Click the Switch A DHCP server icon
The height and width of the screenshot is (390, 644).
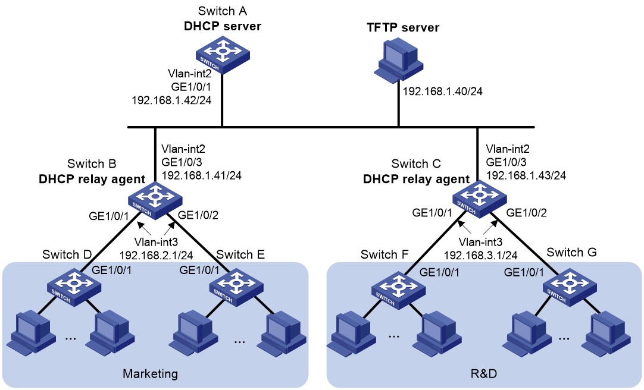pyautogui.click(x=222, y=55)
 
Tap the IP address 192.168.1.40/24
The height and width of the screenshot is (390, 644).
pyautogui.click(x=442, y=92)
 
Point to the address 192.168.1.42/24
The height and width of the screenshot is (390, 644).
pyautogui.click(x=171, y=100)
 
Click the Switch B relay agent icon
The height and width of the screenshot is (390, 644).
pyautogui.click(x=155, y=200)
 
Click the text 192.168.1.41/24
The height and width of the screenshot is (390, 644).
pyautogui.click(x=202, y=175)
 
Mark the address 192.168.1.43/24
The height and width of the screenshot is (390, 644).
pyautogui.click(x=526, y=175)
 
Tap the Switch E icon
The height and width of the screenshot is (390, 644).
pyautogui.click(x=236, y=288)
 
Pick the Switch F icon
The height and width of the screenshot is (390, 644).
pyautogui.click(x=398, y=290)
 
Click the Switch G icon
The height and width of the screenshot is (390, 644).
pyautogui.click(x=570, y=286)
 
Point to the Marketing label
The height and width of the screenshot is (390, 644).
pyautogui.click(x=151, y=374)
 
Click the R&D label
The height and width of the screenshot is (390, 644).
pyautogui.click(x=483, y=374)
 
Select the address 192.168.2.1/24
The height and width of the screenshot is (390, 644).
pyautogui.click(x=156, y=255)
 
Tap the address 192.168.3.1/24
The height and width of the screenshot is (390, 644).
pyautogui.click(x=480, y=255)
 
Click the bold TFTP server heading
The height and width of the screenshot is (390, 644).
pyautogui.click(x=403, y=27)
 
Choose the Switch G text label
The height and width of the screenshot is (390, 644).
pyautogui.click(x=571, y=252)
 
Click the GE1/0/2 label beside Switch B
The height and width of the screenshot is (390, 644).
pyautogui.click(x=198, y=215)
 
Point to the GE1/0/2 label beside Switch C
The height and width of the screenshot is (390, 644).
pyautogui.click(x=527, y=212)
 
